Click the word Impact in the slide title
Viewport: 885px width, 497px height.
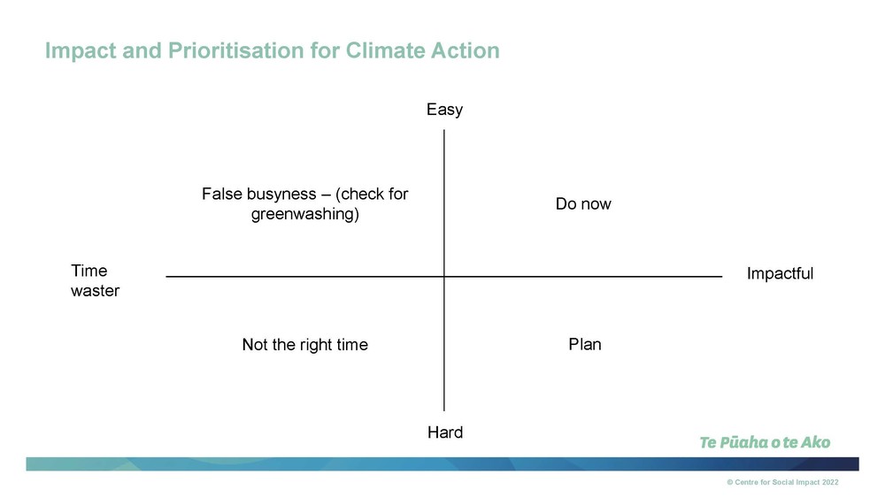click(81, 50)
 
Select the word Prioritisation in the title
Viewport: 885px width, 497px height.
click(235, 50)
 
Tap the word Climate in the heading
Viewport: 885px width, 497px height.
click(385, 50)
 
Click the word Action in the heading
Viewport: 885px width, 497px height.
click(466, 50)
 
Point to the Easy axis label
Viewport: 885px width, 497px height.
click(445, 110)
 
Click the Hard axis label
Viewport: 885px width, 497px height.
click(445, 432)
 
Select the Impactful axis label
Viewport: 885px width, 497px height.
click(780, 273)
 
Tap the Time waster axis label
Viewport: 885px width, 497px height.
click(95, 280)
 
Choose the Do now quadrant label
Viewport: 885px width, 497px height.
click(583, 203)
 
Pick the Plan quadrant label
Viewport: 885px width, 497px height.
click(585, 344)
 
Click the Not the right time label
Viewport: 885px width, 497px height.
click(304, 345)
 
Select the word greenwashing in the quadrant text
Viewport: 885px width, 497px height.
click(304, 214)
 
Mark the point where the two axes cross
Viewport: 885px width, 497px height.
click(444, 277)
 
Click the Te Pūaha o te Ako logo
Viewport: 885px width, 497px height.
click(765, 442)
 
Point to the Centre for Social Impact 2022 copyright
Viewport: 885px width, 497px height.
click(783, 482)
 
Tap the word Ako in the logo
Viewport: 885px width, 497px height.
click(816, 442)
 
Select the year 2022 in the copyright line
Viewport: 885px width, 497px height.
click(830, 482)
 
